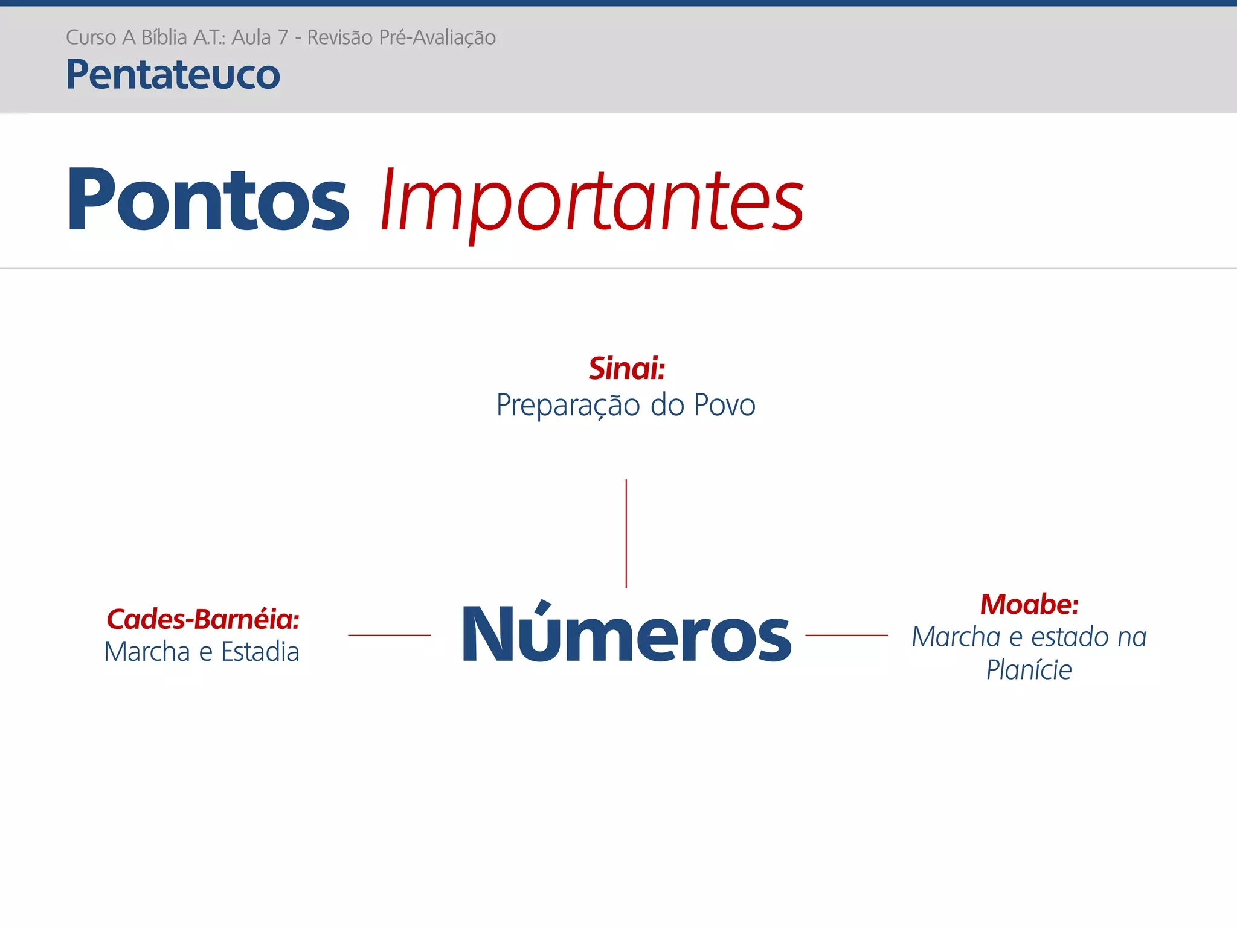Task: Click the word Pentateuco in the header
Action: tap(173, 75)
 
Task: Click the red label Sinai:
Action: tap(626, 368)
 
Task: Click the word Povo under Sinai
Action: tap(725, 405)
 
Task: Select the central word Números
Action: tap(626, 635)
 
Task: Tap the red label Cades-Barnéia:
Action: tap(203, 619)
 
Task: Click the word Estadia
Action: tap(260, 652)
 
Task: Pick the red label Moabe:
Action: tap(1029, 604)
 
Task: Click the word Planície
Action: tap(1029, 670)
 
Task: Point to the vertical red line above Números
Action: tap(626, 534)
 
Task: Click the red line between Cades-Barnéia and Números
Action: tap(389, 635)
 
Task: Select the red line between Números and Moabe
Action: tap(846, 635)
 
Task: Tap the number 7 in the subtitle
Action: tap(282, 37)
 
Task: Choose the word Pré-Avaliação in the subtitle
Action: tap(437, 37)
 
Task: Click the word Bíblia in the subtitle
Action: tap(164, 37)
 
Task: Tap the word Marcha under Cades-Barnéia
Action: tap(147, 652)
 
